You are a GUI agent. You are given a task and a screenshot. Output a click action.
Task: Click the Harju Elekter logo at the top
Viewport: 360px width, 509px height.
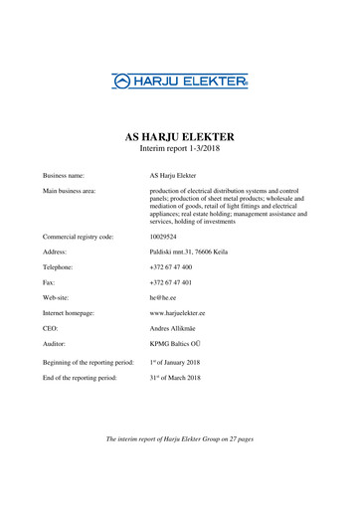coord(179,79)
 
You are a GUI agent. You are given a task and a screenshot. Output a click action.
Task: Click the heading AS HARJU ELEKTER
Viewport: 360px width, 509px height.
coord(179,136)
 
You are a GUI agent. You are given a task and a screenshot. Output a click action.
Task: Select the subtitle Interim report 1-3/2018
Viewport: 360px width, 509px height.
coord(179,149)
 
